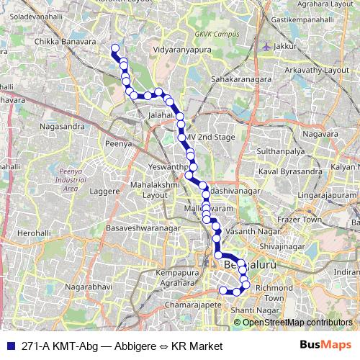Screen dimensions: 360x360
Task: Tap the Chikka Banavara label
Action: tap(66, 42)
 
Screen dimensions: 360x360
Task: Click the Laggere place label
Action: tap(104, 192)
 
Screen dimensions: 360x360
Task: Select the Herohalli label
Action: tap(35, 234)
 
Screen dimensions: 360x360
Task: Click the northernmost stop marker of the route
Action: tap(114, 48)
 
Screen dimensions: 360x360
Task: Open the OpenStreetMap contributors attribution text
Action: tap(297, 322)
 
